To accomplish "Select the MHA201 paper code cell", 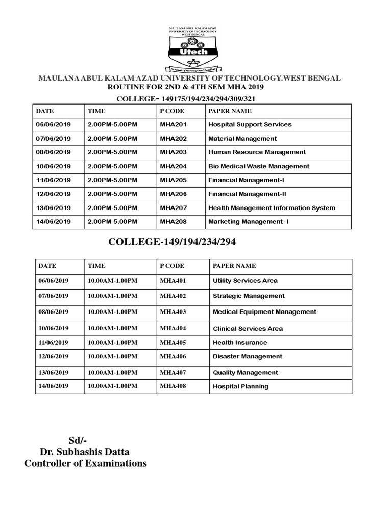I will tap(171, 124).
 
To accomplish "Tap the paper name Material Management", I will tap(242, 139).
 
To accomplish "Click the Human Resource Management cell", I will tap(257, 152).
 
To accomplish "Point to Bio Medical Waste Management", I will tap(259, 166).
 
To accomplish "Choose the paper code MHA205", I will tap(171, 180).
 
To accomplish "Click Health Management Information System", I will tap(272, 208).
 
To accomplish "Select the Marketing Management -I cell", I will tap(248, 222).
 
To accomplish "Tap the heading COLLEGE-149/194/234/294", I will tap(172, 242).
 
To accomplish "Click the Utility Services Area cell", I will tap(245, 281).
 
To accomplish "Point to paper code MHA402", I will tap(171, 296).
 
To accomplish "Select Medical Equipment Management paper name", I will tap(264, 312).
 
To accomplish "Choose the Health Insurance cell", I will tap(239, 343).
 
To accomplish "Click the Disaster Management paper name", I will tap(247, 357).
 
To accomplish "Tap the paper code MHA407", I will tap(171, 372).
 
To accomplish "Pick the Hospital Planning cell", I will tap(240, 386).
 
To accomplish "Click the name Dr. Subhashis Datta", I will tap(85, 452).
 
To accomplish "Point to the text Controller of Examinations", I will tap(85, 463).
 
